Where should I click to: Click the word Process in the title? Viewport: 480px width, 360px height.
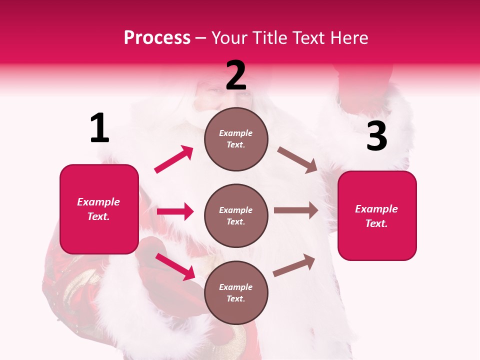point(157,38)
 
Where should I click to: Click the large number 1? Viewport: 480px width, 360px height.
point(99,128)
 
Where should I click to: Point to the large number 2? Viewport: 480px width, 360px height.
point(236,75)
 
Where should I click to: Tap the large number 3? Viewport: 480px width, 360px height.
point(376,136)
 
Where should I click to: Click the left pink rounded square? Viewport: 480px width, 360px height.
point(99,209)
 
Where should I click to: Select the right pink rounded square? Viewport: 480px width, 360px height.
point(377,216)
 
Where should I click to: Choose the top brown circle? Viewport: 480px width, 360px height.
point(236,139)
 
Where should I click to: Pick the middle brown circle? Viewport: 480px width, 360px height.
point(236,216)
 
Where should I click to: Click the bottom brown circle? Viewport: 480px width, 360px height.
point(236,293)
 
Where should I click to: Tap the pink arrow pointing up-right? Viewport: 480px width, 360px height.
point(174,159)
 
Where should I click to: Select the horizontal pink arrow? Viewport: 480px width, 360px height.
point(175,211)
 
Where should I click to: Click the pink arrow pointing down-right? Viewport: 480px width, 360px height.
point(175,266)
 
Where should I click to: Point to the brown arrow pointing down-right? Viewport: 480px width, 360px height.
point(297,159)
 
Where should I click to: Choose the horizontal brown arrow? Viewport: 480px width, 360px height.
point(296,210)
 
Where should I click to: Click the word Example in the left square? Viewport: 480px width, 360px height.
point(98,202)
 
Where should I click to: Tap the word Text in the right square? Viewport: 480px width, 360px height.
point(376,223)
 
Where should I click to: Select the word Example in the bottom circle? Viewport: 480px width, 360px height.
point(236,287)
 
